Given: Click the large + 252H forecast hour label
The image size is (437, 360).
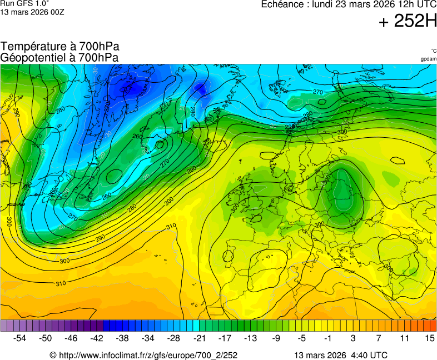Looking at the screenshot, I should [x=408, y=22].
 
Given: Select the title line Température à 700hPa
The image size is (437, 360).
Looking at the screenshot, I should [x=59, y=47].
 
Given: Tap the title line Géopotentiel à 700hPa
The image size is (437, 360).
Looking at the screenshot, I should [x=59, y=57].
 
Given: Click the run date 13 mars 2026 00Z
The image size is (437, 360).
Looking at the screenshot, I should [x=32, y=12].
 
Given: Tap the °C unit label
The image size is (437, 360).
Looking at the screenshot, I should [x=433, y=51].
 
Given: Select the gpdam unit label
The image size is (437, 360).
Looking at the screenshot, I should [x=428, y=58].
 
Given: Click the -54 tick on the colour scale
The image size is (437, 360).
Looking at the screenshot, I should [x=20, y=338].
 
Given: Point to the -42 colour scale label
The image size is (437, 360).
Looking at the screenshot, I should [x=97, y=338].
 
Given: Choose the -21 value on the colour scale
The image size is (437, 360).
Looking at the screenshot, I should [x=199, y=338].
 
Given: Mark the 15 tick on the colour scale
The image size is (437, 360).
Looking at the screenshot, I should [x=429, y=338].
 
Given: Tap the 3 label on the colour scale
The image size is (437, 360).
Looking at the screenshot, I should [x=352, y=338].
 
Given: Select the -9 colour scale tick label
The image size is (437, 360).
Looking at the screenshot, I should [x=276, y=338].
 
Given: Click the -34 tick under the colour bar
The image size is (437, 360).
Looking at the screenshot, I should [x=148, y=338].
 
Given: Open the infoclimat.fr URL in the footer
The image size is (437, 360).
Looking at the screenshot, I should [x=148, y=355].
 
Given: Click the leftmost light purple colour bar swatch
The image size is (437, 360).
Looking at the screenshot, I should [x=4, y=326].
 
